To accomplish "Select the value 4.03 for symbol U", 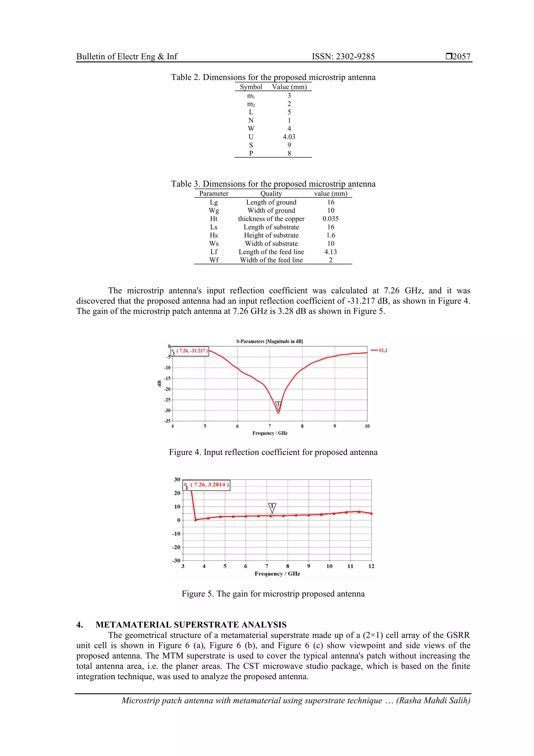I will (289, 137).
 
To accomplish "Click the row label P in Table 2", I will (251, 153).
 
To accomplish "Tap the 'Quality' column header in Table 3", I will (271, 194).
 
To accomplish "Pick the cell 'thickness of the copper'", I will (271, 219).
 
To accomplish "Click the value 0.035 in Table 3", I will (330, 219).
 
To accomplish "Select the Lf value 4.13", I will (330, 252).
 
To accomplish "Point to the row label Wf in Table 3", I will (214, 260).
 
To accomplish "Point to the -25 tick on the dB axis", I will (167, 400).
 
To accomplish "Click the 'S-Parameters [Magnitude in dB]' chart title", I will (269, 341).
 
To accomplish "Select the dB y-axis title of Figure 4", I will (159, 383).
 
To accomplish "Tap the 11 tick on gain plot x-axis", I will (350, 566).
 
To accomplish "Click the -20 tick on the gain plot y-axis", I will (176, 547).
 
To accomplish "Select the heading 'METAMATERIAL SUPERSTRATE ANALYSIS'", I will (191, 625).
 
